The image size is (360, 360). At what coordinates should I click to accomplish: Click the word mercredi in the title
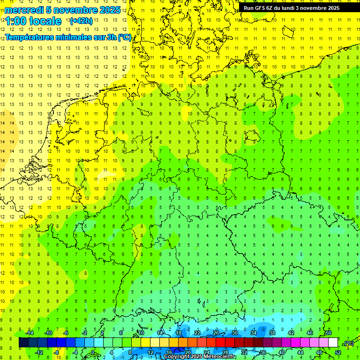pyautogui.click(x=23, y=10)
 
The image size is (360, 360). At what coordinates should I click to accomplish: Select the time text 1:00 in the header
pyautogui.click(x=16, y=21)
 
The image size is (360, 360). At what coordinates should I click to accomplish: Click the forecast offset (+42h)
pyautogui.click(x=80, y=21)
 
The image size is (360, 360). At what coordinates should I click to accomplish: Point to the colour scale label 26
pyautogui.click(x=216, y=333)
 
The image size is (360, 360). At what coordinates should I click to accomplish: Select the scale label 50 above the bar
pyautogui.click(x=328, y=333)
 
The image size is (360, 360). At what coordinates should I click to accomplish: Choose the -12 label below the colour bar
pyautogui.click(x=39, y=352)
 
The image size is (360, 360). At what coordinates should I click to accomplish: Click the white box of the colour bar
pyautogui.click(x=333, y=343)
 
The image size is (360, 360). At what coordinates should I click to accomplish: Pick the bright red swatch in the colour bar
pyautogui.click(x=220, y=343)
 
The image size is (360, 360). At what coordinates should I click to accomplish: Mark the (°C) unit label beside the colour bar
pyautogui.click(x=349, y=343)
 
